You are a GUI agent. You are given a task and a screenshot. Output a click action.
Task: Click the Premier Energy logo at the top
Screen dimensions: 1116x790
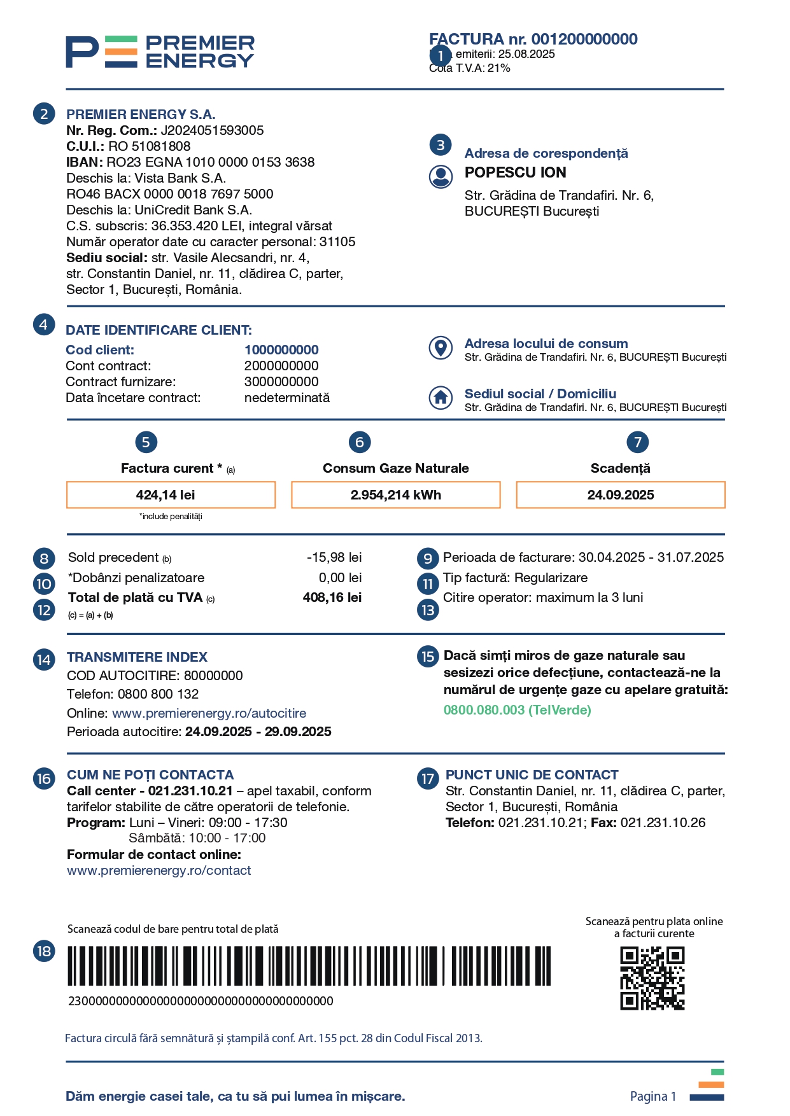click(x=160, y=52)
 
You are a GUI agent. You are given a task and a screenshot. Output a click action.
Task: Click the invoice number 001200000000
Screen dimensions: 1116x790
click(x=584, y=39)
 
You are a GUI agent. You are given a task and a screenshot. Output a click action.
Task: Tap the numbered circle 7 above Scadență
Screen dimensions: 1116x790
click(x=637, y=442)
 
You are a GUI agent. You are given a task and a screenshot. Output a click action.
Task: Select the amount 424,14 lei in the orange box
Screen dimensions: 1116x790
click(x=166, y=495)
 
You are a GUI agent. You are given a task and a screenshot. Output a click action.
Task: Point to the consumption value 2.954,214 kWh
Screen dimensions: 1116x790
click(x=395, y=495)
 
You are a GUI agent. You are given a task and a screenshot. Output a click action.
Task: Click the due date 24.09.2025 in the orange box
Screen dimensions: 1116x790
click(x=620, y=495)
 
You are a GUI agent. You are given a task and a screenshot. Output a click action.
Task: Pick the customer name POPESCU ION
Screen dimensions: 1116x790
click(x=515, y=172)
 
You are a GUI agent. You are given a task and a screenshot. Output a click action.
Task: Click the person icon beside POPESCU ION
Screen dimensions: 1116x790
click(x=441, y=176)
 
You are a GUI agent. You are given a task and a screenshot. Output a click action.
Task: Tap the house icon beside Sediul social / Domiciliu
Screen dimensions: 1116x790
click(x=441, y=398)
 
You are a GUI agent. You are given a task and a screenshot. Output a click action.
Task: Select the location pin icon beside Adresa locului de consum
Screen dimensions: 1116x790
click(x=441, y=347)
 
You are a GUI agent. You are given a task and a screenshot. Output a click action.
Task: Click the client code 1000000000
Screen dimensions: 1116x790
click(x=281, y=350)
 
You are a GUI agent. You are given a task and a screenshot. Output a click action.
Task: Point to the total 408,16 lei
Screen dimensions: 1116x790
click(x=332, y=597)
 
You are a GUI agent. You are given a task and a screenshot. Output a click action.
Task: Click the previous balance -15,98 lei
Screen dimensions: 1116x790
click(x=334, y=557)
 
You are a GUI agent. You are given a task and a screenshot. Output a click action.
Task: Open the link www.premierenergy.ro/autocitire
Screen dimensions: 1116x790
click(x=209, y=713)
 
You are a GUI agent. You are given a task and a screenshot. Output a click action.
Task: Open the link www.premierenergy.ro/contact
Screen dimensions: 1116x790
click(x=159, y=870)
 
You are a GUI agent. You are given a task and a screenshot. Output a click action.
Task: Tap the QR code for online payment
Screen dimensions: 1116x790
click(x=652, y=978)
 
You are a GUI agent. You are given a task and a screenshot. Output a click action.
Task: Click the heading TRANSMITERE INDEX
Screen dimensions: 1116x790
click(x=137, y=657)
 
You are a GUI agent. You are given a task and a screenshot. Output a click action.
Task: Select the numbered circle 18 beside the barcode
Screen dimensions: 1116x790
click(x=44, y=951)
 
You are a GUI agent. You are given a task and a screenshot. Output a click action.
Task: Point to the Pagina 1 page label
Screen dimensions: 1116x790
click(x=652, y=1096)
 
